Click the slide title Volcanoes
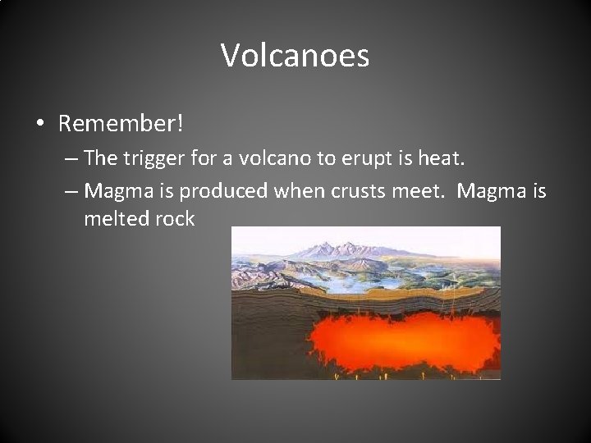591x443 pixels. click(x=295, y=57)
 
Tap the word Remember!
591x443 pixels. click(x=121, y=124)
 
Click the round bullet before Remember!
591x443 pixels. click(x=40, y=125)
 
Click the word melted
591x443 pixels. click(x=114, y=219)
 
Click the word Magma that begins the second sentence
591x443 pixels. click(x=492, y=191)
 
